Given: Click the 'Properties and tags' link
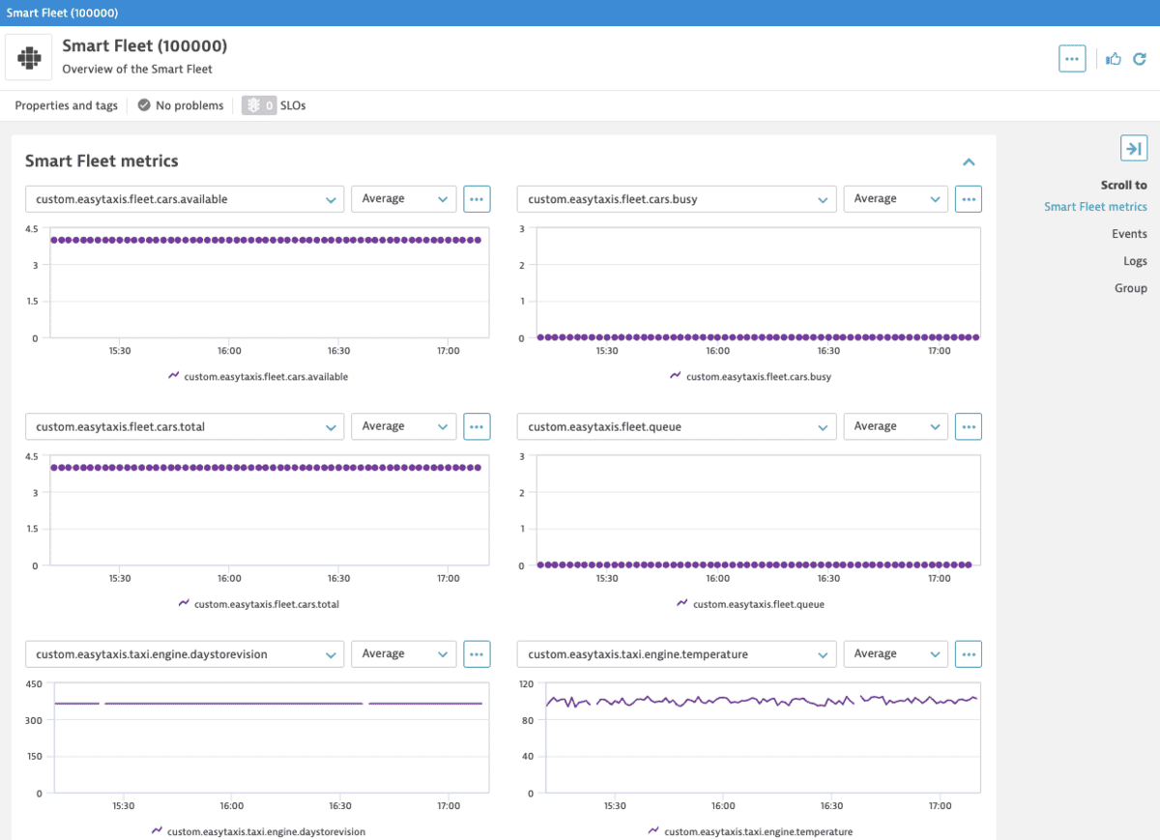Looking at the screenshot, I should point(66,105).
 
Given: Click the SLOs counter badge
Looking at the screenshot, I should point(259,105).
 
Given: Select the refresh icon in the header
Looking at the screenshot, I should point(1140,59).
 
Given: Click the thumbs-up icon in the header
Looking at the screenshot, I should point(1114,59).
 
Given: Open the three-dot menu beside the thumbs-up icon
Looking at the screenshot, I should point(1072,59).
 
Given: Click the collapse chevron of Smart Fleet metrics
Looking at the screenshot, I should point(969,162).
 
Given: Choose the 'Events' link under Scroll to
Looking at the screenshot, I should point(1129,234).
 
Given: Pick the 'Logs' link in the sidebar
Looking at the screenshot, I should point(1135,261).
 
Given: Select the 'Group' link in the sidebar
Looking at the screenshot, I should point(1130,288).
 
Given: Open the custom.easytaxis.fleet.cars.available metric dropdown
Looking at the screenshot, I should point(184,199).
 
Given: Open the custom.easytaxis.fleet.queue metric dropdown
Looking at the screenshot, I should point(677,426).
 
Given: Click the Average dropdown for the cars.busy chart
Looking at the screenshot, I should point(895,199).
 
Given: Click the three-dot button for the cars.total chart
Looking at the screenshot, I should point(477,426).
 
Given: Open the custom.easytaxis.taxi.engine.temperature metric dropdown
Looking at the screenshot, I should point(677,654).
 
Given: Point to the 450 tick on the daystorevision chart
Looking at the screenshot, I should point(33,684).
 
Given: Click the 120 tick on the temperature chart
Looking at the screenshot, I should point(527,684).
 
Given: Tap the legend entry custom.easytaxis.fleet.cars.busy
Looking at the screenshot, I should point(758,377).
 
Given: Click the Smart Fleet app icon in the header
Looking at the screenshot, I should point(29,58).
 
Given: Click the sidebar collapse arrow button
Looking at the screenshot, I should point(1133,148).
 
